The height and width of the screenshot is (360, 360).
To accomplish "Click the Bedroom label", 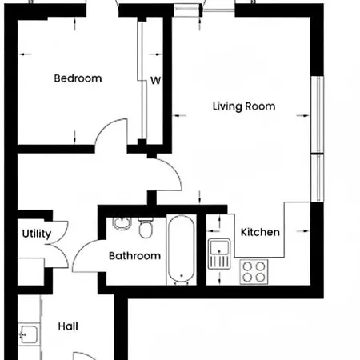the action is pyautogui.click(x=78, y=78).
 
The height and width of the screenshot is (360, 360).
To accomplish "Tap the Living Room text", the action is pyautogui.click(x=244, y=106).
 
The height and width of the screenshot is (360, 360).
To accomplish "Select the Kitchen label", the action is pyautogui.click(x=260, y=232).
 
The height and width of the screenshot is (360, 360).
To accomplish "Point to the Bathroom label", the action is pyautogui.click(x=134, y=256).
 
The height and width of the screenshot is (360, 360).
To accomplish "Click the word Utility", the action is pyautogui.click(x=37, y=234).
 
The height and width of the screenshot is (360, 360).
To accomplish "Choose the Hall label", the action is pyautogui.click(x=68, y=326).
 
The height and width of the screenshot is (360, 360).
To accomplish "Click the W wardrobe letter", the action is pyautogui.click(x=156, y=80).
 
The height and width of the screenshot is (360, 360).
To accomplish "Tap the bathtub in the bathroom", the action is pyautogui.click(x=182, y=249).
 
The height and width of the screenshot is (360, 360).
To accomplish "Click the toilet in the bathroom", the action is pyautogui.click(x=146, y=227).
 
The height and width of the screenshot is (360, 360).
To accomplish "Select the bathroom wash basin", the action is pyautogui.click(x=122, y=223).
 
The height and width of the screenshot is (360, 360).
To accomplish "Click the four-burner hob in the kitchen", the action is pyautogui.click(x=254, y=272).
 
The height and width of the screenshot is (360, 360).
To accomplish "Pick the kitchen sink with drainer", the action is pyautogui.click(x=219, y=254).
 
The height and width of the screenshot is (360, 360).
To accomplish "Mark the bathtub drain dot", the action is pyautogui.click(x=182, y=275).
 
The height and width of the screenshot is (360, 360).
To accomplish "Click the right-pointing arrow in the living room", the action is pyautogui.click(x=303, y=115).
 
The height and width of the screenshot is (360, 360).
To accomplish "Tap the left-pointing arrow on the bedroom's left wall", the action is pyautogui.click(x=25, y=54).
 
